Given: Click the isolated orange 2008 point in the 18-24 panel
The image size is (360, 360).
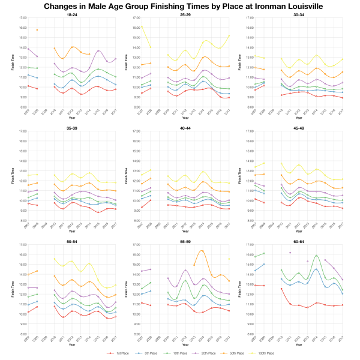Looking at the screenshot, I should (x=37, y=30).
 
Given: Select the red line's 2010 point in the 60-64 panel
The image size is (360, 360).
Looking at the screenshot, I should (x=281, y=289).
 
